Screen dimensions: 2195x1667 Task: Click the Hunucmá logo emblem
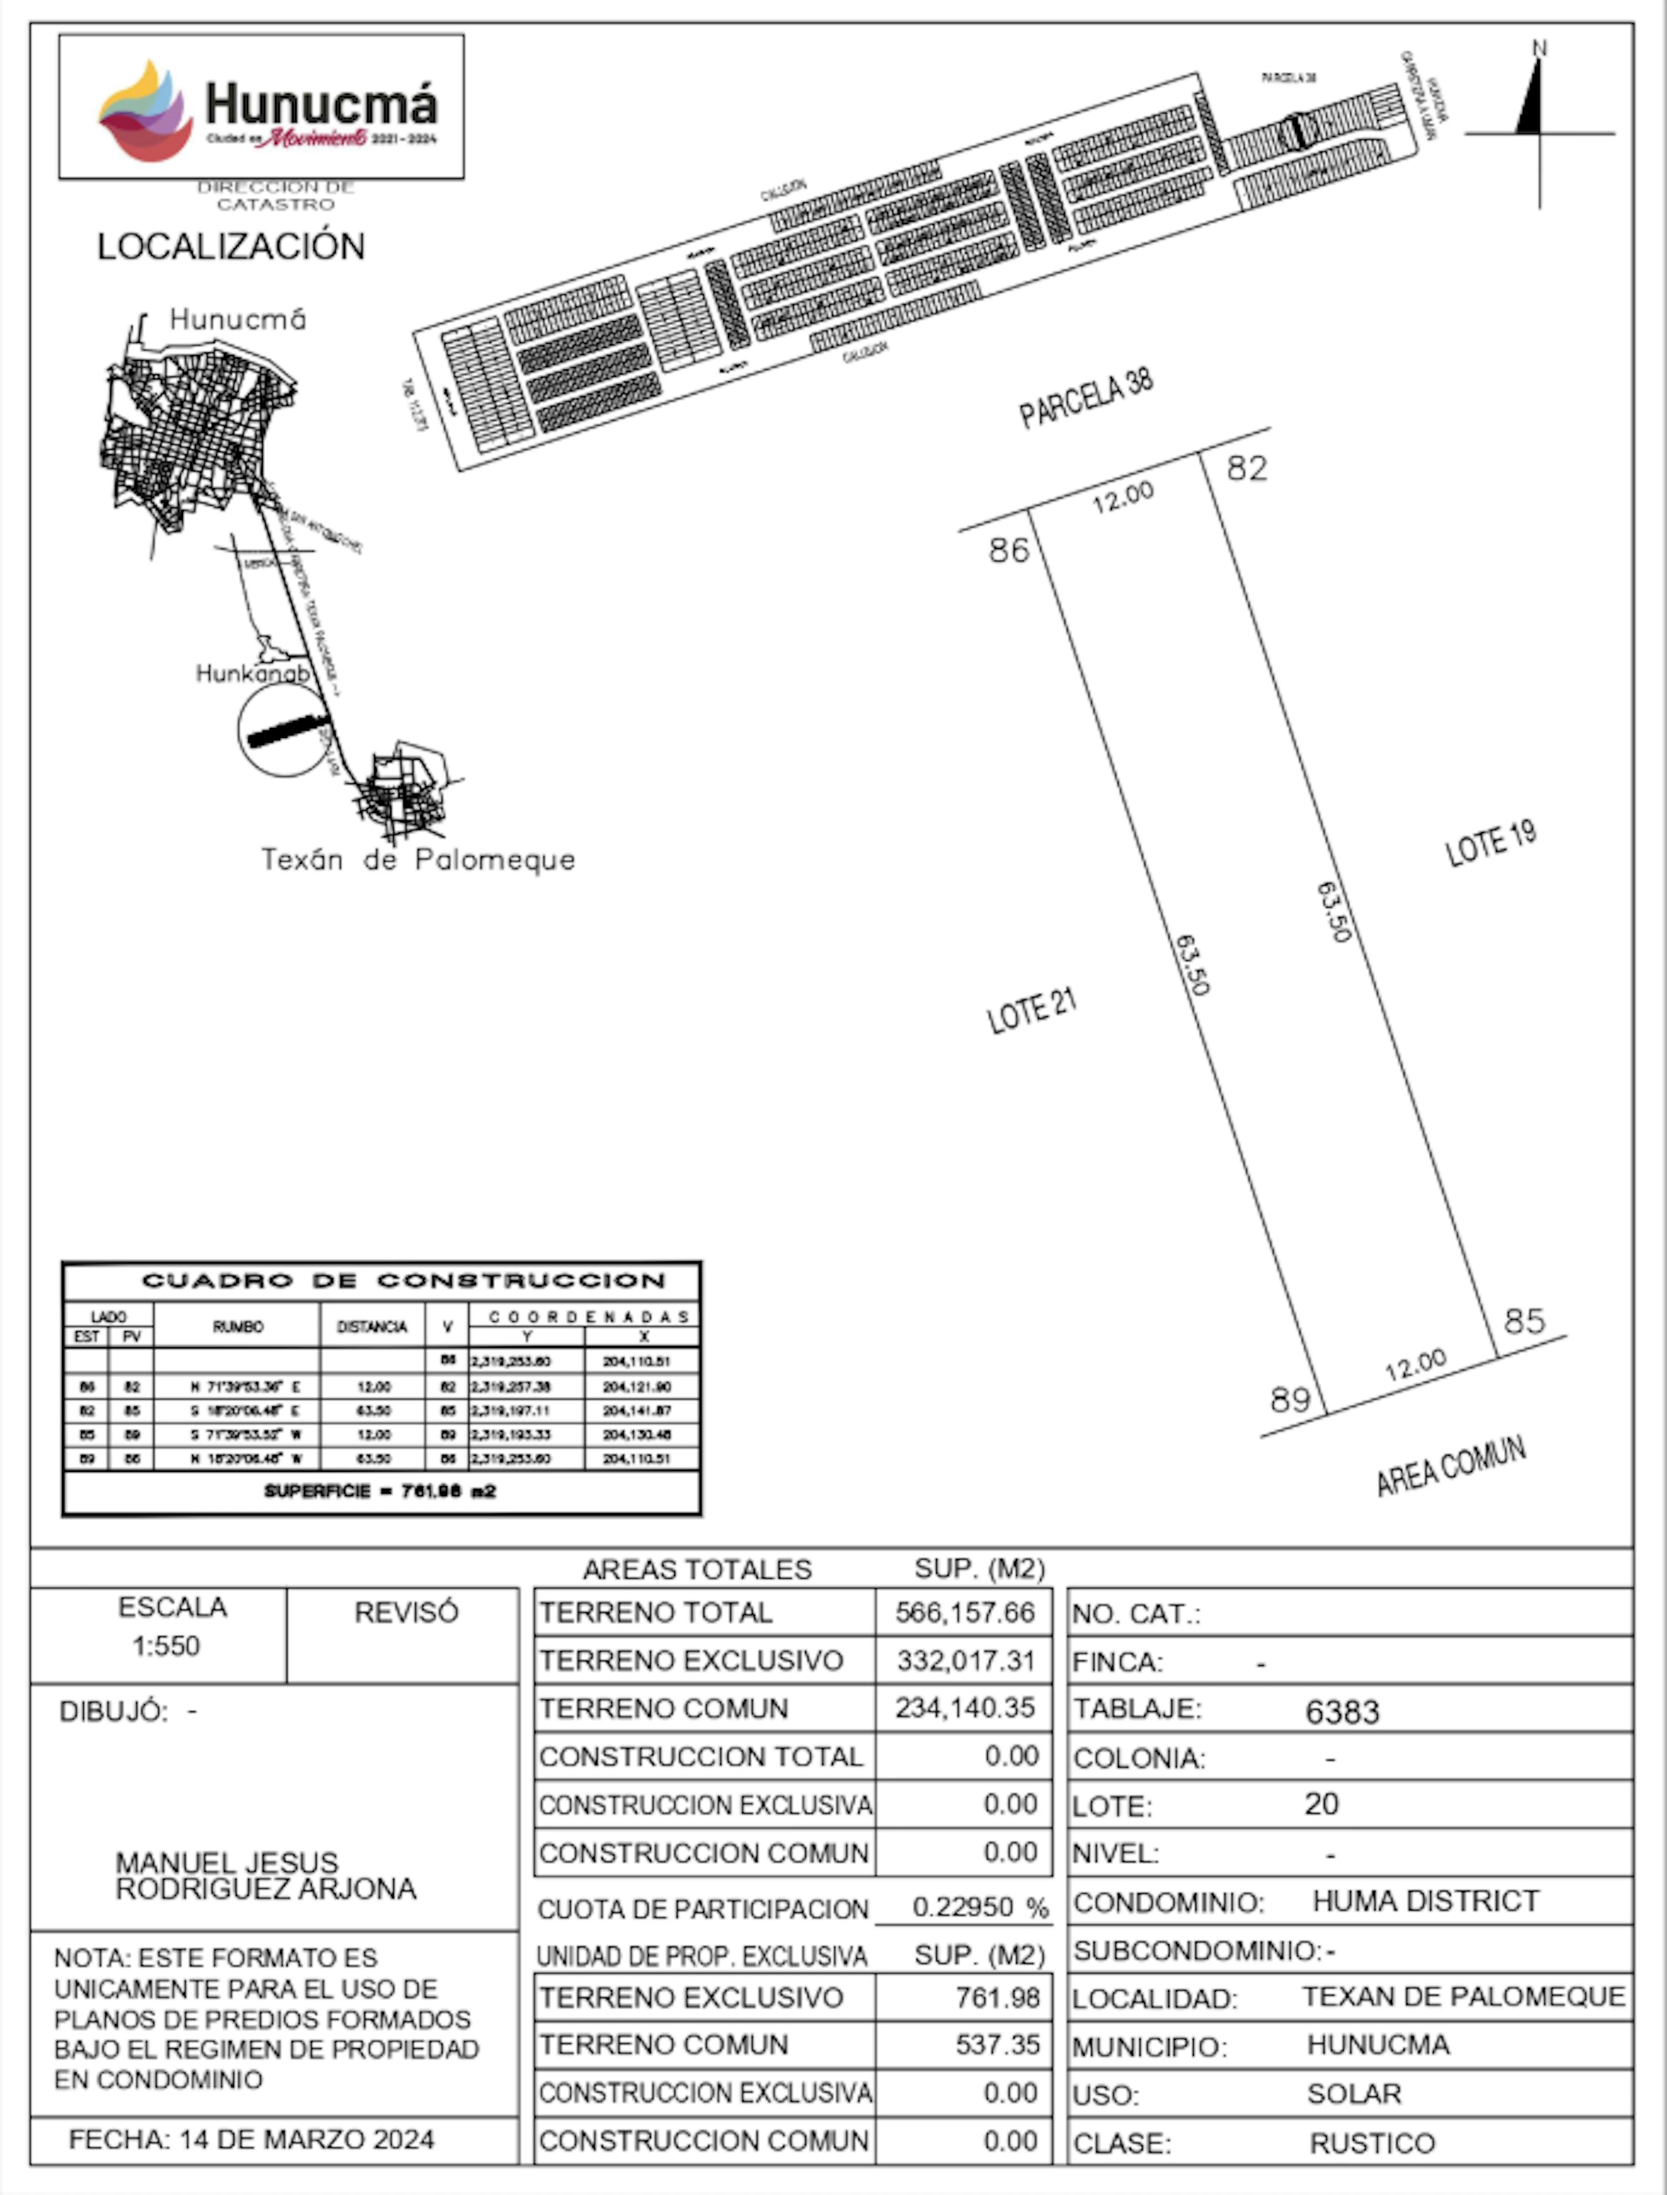146,111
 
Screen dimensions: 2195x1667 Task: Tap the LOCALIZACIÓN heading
230,246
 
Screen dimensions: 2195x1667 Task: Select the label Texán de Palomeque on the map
418,859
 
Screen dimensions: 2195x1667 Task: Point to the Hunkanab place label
252,674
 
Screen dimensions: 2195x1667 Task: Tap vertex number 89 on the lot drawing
1290,1399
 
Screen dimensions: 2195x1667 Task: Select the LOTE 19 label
1490,843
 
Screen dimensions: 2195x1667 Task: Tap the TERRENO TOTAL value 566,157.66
965,1613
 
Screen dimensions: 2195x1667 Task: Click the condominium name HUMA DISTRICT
1426,1901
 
